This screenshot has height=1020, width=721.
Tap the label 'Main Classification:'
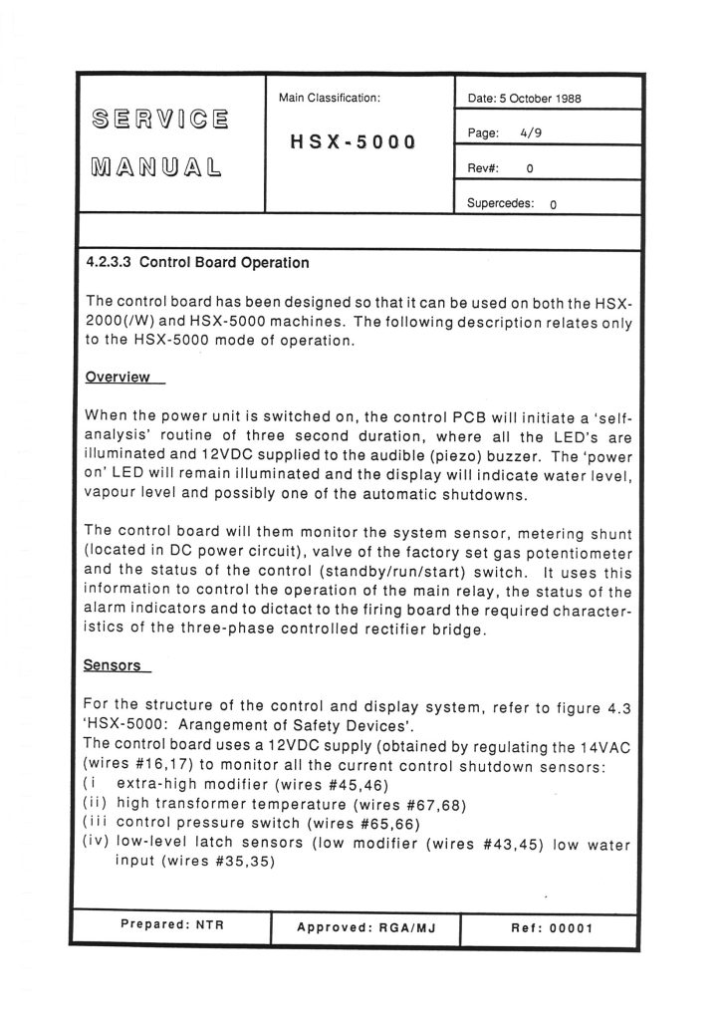click(x=330, y=98)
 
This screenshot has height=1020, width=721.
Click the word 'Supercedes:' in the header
click(x=501, y=203)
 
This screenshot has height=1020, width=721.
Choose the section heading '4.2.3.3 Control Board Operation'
click(x=198, y=264)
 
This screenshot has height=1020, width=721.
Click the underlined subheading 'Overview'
click(x=118, y=378)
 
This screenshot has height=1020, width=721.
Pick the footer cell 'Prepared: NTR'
click(x=172, y=924)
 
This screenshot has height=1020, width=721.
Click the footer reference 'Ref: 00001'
click(x=552, y=927)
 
